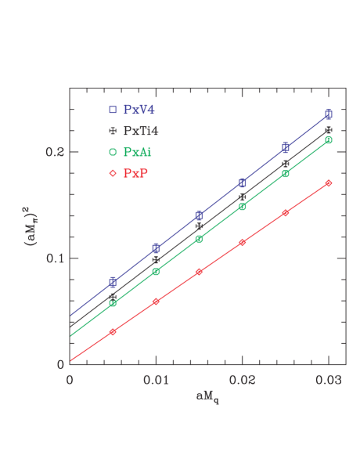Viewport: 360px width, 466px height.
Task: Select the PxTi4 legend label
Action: coord(140,130)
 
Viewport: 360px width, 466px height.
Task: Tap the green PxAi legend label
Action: coord(138,151)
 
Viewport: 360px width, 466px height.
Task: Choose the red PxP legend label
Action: coord(135,172)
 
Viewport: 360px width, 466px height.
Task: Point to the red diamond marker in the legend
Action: coord(113,172)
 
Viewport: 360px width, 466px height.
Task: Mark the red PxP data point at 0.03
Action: coord(329,183)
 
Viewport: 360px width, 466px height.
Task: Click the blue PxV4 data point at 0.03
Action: coord(329,114)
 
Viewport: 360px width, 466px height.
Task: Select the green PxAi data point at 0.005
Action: coord(113,303)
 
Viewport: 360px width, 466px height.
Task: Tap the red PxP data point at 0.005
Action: coord(113,332)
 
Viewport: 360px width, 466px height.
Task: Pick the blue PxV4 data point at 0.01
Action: coord(156,247)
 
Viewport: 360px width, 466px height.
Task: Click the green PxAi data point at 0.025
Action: coord(286,174)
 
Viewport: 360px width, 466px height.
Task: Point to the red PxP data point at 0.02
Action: coord(243,243)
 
